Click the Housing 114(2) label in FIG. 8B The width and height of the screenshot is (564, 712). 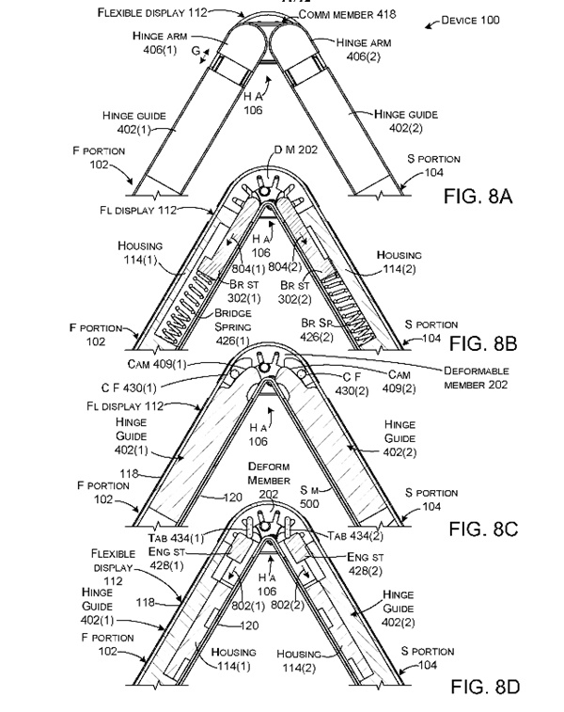coord(399,261)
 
